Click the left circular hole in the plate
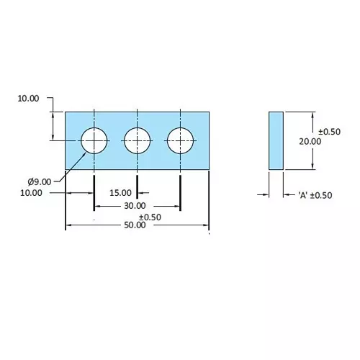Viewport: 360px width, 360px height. click(x=94, y=140)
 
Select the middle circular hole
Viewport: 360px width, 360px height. click(x=137, y=140)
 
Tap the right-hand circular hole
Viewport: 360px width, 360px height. click(x=180, y=140)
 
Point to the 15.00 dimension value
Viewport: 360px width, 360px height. click(x=121, y=193)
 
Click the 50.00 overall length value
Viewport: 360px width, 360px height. click(x=135, y=225)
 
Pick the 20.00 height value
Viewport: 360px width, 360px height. click(x=310, y=142)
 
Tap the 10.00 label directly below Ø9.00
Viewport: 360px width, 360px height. click(x=31, y=193)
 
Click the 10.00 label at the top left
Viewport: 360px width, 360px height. click(x=29, y=99)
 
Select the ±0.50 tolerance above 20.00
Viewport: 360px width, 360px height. click(x=329, y=132)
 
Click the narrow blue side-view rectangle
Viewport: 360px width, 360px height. click(x=276, y=140)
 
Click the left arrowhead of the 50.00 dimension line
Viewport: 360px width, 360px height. click(x=68, y=227)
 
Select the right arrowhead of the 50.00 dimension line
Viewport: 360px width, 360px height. click(x=206, y=227)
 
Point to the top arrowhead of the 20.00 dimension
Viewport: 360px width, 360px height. click(x=312, y=115)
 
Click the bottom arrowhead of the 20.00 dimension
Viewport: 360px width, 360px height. click(x=312, y=166)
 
